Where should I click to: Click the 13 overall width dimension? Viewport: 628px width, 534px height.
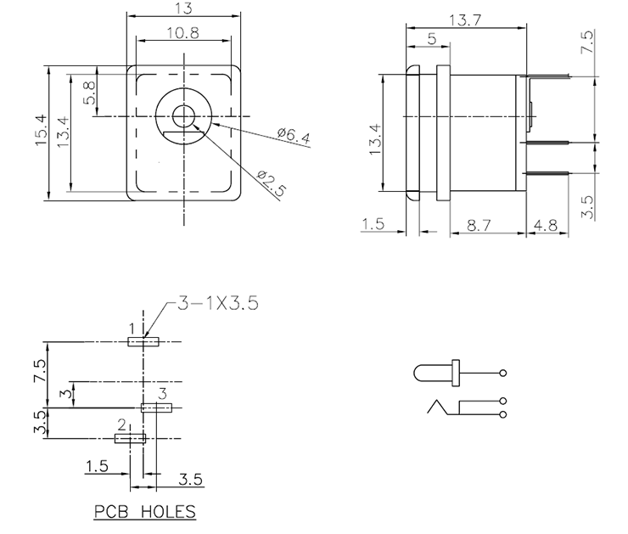182,8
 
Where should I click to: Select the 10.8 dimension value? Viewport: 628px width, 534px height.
182,33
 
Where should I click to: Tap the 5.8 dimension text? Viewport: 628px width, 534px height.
88,90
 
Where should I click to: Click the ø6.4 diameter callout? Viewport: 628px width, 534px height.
294,136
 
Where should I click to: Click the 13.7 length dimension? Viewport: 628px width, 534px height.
464,20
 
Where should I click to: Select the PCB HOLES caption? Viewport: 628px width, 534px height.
143,512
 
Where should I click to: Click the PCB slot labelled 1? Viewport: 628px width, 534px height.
143,341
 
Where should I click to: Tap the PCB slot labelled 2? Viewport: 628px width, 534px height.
131,438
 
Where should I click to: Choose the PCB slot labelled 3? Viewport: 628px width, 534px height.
157,408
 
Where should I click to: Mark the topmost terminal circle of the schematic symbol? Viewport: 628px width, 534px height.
503,373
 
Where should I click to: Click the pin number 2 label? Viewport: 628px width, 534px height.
121,424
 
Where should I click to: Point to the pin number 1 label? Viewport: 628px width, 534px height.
132,329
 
